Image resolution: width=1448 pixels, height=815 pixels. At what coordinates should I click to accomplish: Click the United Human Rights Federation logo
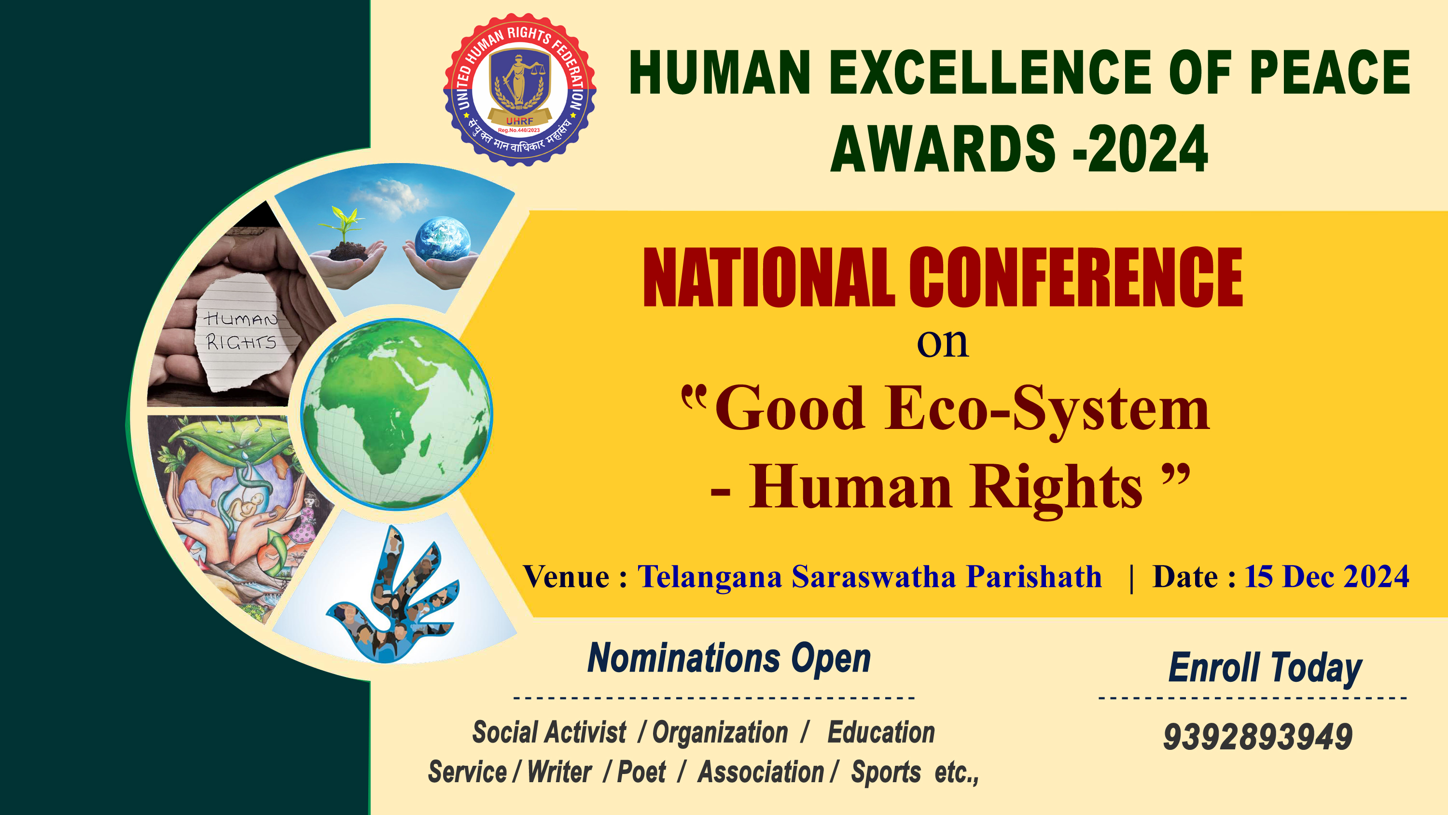pos(519,89)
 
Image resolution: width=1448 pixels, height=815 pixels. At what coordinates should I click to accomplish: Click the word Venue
pos(567,577)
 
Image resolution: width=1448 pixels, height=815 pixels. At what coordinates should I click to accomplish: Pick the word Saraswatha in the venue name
pos(874,577)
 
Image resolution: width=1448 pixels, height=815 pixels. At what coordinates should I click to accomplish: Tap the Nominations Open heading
pos(729,658)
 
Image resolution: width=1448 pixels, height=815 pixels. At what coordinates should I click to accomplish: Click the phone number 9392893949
pos(1258,737)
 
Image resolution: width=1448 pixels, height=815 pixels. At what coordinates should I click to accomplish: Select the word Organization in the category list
pos(720,733)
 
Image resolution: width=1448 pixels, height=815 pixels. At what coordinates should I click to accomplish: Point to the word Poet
pos(641,772)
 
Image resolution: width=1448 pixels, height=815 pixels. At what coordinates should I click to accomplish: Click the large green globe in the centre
pos(397,414)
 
